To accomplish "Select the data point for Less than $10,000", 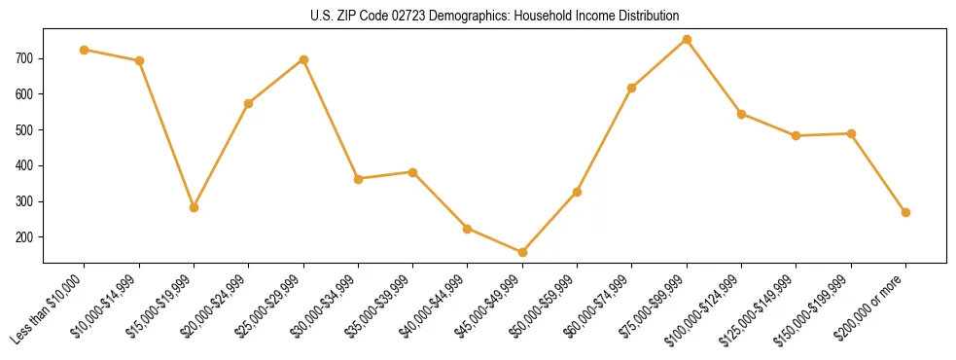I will tap(85, 50).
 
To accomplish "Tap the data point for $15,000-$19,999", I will tap(194, 207).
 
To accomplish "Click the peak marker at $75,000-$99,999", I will tap(687, 39).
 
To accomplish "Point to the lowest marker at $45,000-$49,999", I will tap(522, 252).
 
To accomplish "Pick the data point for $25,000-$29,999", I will tap(303, 59).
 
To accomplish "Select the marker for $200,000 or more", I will tap(905, 212).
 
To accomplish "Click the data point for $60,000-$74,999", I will tap(632, 88).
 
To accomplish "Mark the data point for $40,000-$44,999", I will tap(468, 229).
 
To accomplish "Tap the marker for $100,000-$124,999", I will tap(741, 114).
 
